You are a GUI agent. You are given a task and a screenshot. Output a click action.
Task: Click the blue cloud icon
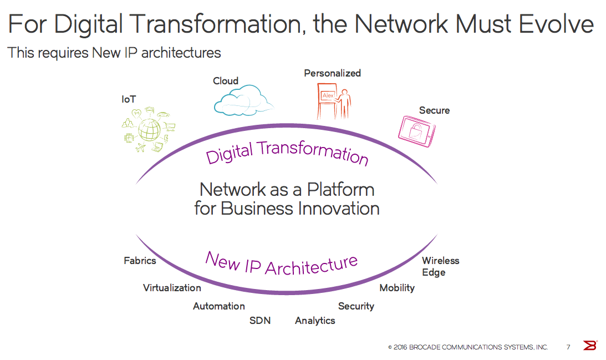pyautogui.click(x=243, y=100)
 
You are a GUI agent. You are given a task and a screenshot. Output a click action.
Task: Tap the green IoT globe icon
pyautogui.click(x=149, y=130)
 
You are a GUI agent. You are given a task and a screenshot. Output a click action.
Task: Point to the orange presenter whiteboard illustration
pyautogui.click(x=334, y=100)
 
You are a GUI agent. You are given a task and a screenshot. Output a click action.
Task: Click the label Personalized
pyautogui.click(x=332, y=73)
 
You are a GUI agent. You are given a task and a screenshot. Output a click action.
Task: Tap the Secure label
pyautogui.click(x=434, y=110)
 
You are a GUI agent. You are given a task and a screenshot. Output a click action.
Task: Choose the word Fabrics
pyautogui.click(x=140, y=260)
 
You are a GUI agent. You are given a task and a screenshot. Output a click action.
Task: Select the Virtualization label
pyautogui.click(x=172, y=288)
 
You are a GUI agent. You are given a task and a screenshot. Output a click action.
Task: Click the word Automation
pyautogui.click(x=218, y=306)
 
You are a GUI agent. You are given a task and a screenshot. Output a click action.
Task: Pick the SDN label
pyautogui.click(x=260, y=321)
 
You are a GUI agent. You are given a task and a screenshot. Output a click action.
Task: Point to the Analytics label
pyautogui.click(x=315, y=321)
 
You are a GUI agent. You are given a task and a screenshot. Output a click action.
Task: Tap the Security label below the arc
pyautogui.click(x=356, y=306)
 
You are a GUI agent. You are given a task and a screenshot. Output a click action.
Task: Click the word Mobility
pyautogui.click(x=397, y=288)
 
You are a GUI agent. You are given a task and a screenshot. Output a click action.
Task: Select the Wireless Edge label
pyautogui.click(x=440, y=266)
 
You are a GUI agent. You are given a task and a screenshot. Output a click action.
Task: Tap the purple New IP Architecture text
pyautogui.click(x=282, y=262)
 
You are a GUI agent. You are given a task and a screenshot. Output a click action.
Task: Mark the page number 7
pyautogui.click(x=568, y=347)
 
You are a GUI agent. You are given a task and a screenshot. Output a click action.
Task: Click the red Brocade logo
pyautogui.click(x=590, y=346)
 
